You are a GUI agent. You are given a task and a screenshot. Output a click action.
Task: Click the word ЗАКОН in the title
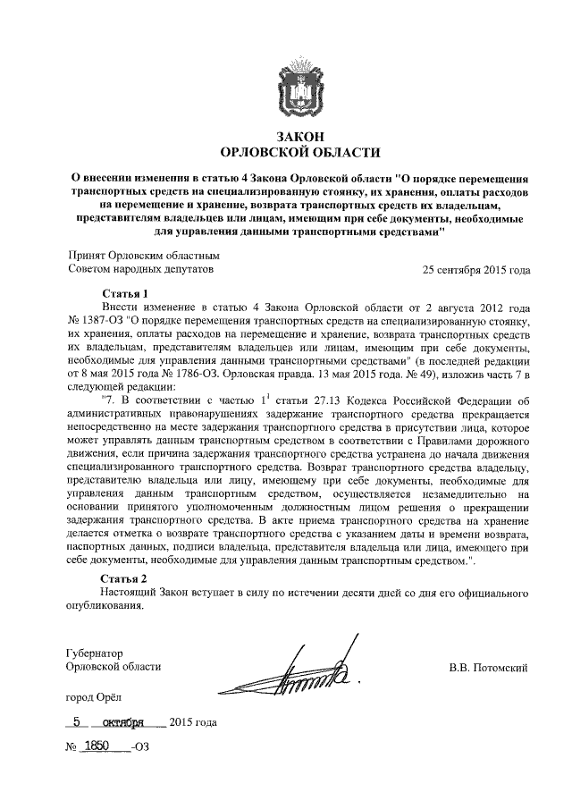coord(299,136)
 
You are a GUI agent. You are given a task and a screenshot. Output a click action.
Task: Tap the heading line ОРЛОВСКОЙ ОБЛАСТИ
coord(299,151)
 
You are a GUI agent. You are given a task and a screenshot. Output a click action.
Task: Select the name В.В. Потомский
coord(490,666)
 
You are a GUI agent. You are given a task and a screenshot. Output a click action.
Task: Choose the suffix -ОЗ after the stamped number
coord(138,746)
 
